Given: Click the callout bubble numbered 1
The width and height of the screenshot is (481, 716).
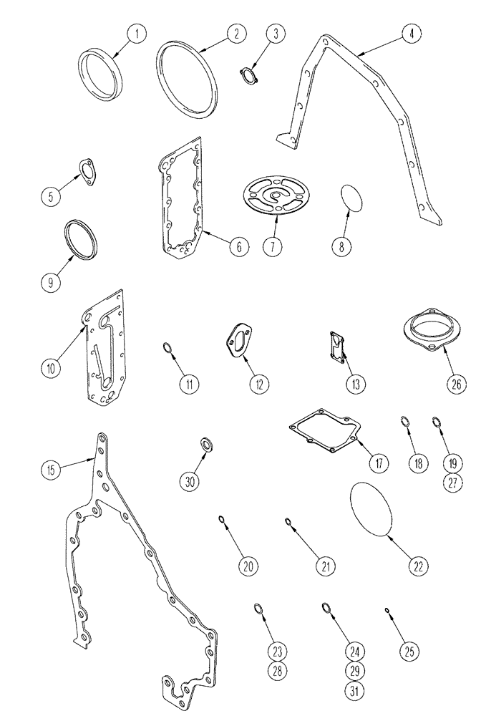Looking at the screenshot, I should pos(136,32).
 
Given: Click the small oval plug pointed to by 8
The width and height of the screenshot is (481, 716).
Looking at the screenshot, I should pos(350,198).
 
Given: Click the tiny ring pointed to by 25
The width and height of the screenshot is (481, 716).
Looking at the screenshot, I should pos(387,611).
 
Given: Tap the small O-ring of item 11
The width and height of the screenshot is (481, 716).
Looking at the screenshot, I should pos(166,349).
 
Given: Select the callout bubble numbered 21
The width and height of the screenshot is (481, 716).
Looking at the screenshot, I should pos(326,567).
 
